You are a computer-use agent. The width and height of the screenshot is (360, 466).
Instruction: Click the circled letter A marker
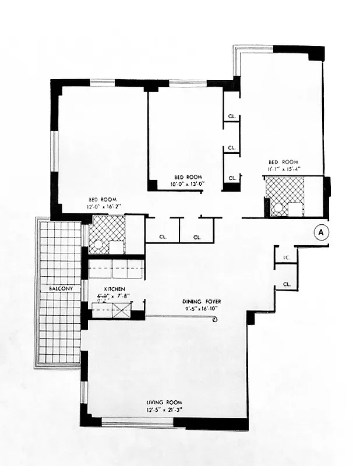coord(321,232)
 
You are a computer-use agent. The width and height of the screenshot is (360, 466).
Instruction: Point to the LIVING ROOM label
coord(164,403)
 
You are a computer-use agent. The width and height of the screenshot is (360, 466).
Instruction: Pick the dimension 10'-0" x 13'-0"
coord(188,184)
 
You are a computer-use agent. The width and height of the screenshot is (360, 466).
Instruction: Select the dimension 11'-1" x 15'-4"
coord(283,169)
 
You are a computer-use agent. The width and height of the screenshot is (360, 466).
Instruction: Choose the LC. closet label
coord(286,257)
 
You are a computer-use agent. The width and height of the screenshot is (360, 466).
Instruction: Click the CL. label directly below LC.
coord(287,284)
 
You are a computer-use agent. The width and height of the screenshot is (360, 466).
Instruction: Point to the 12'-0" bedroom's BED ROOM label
coord(103,199)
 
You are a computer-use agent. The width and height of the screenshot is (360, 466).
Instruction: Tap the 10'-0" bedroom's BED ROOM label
coord(188,176)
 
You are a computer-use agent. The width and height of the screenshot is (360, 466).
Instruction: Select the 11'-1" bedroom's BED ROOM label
coord(283,161)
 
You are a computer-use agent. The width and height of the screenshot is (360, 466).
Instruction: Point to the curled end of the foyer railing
coord(216,320)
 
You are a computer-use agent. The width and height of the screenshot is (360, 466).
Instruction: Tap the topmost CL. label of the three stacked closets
coord(232,117)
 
